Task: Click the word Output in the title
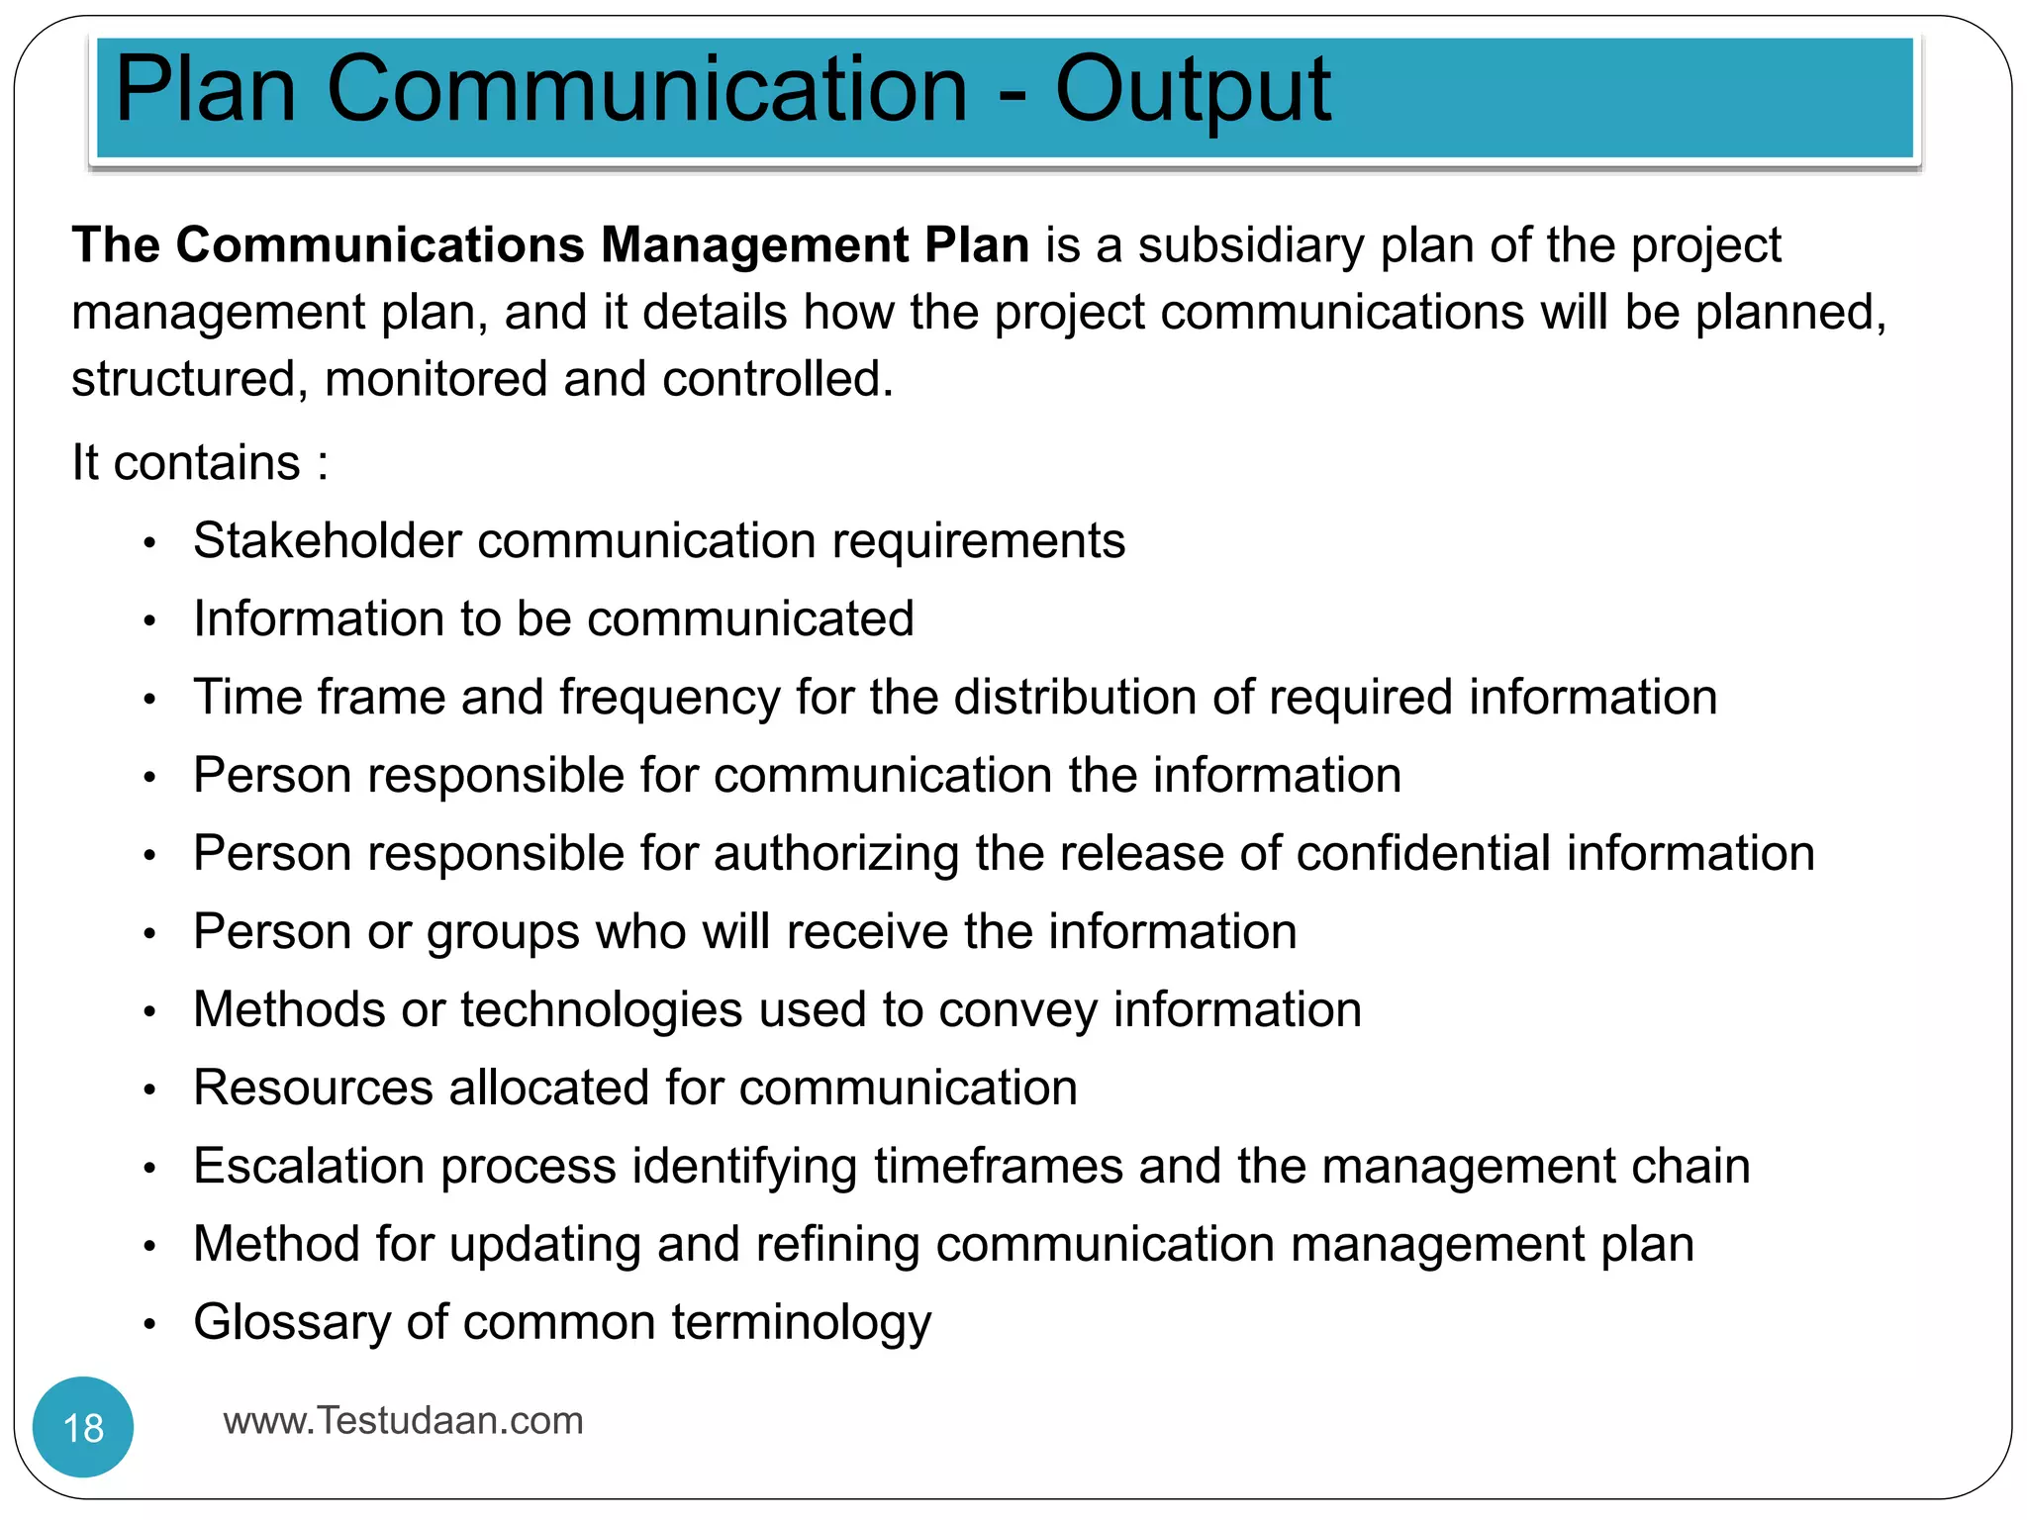[1193, 91]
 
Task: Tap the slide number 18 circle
[83, 1427]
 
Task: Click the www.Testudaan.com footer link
[403, 1421]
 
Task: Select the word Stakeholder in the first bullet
[328, 541]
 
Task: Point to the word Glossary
[292, 1323]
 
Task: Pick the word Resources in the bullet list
[313, 1088]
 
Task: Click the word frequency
[670, 698]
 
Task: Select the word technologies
[601, 1010]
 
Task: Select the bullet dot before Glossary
[149, 1324]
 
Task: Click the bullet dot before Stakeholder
[149, 542]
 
